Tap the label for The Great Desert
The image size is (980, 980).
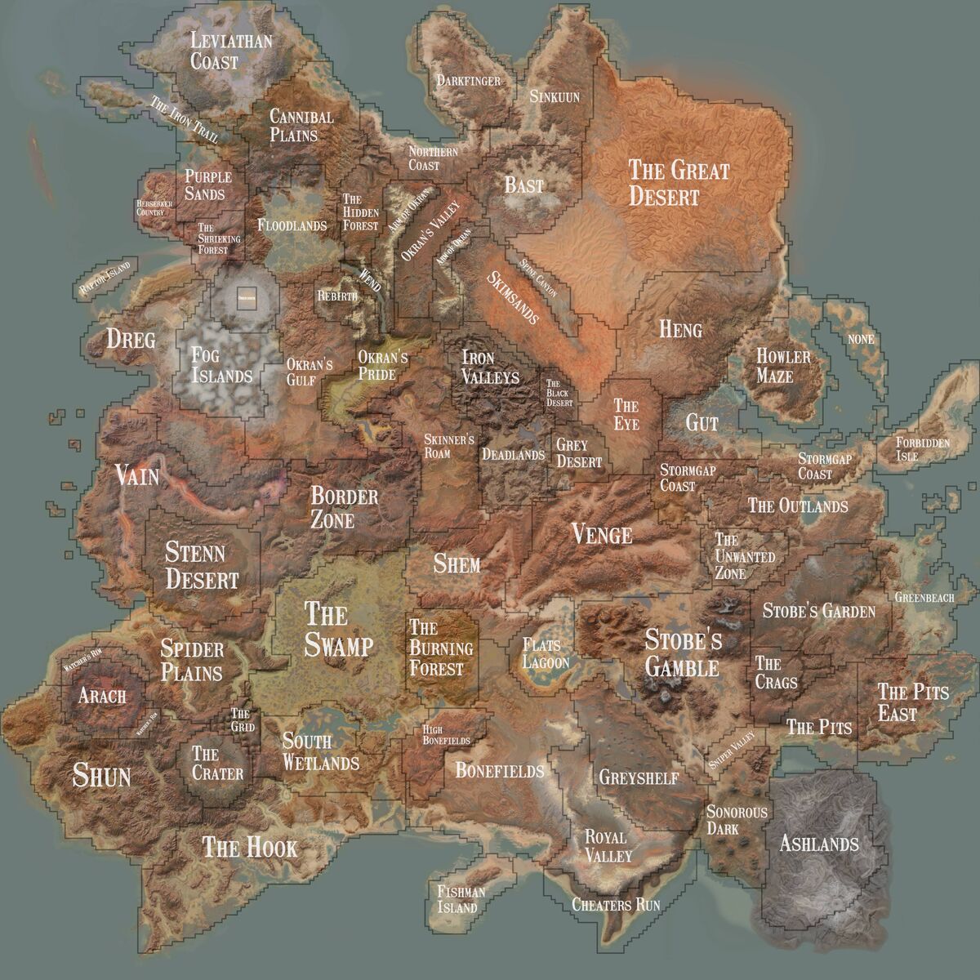point(678,182)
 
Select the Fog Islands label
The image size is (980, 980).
point(221,364)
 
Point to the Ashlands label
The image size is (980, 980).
point(819,843)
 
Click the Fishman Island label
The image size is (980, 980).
point(461,899)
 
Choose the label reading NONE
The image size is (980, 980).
point(861,339)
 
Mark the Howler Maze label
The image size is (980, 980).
point(783,366)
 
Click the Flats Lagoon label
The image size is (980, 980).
point(546,653)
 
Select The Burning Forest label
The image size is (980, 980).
point(441,648)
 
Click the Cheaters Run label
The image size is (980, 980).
point(616,905)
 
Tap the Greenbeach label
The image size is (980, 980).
point(924,598)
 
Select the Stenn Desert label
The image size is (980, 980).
point(202,566)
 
